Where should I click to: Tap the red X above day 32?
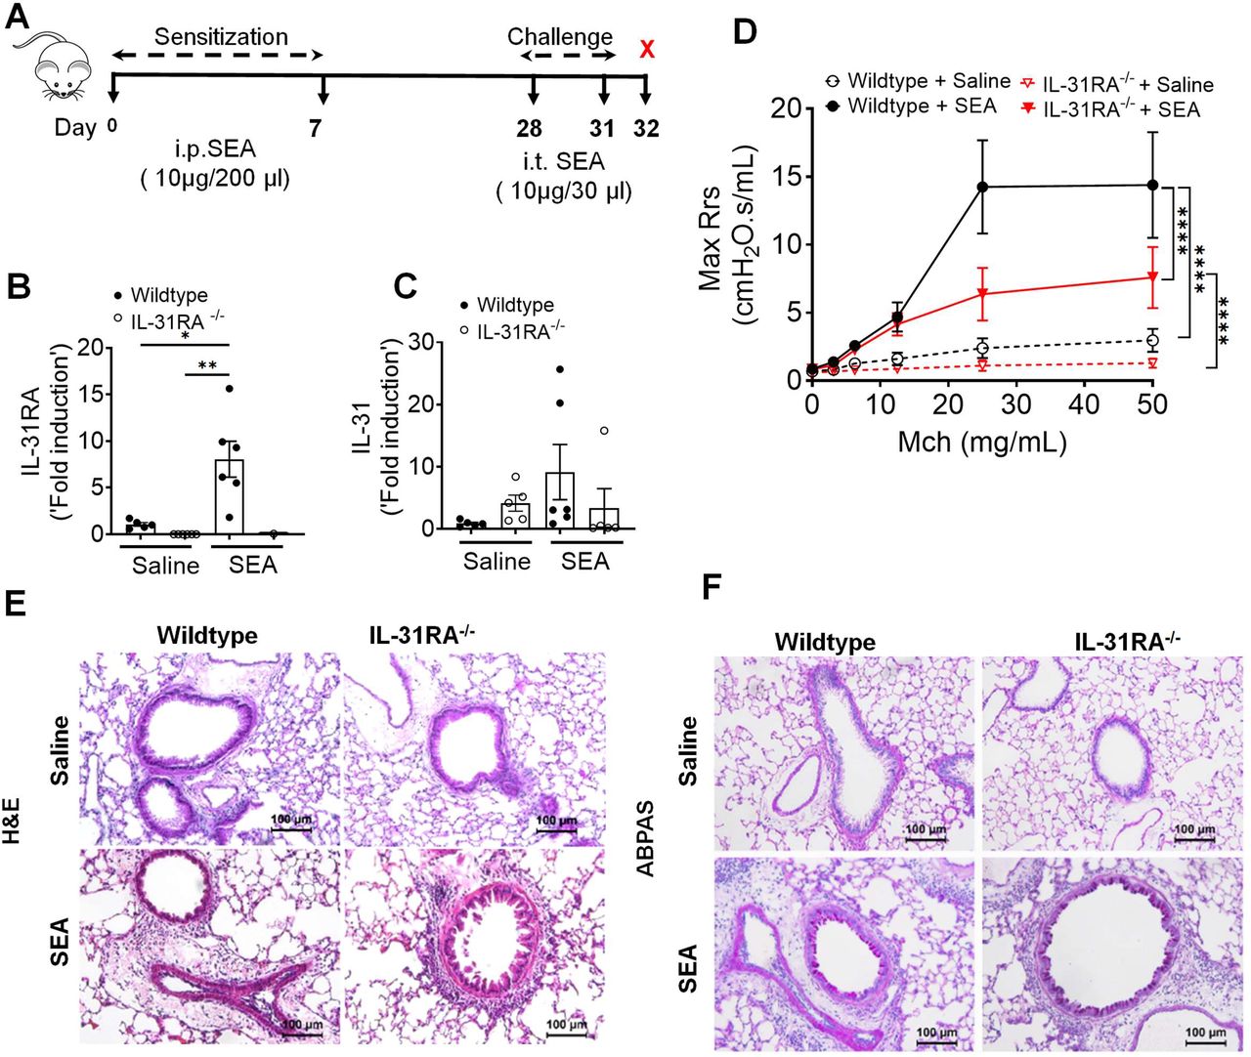(646, 49)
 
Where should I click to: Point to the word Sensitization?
(221, 37)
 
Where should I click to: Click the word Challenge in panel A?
(560, 37)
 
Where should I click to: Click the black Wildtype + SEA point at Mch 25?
(982, 187)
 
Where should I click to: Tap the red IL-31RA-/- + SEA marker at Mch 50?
(1152, 277)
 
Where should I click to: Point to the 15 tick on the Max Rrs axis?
(787, 177)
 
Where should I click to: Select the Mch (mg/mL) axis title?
(981, 442)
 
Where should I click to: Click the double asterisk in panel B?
(206, 366)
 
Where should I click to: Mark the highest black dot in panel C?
(559, 369)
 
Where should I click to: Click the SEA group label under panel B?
(252, 566)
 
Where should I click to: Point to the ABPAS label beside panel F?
(646, 839)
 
